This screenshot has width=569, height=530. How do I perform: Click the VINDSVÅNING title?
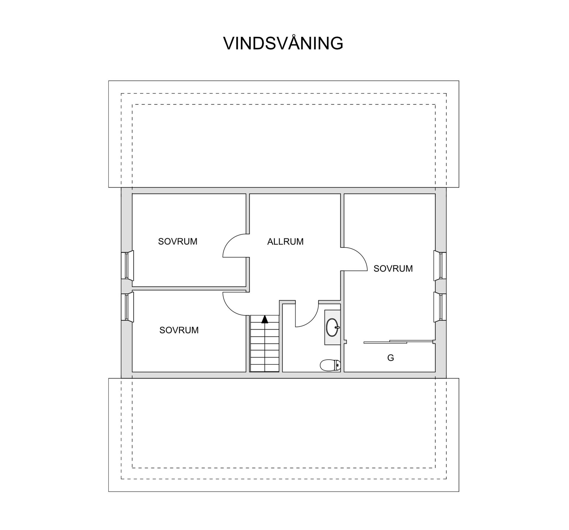pos(283,44)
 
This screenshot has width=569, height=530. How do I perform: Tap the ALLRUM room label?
pos(285,242)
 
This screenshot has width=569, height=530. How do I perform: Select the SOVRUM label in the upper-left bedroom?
pos(178,241)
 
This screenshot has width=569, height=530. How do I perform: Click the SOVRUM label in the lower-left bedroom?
pos(179,330)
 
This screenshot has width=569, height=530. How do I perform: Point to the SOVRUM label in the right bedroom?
pos(393,268)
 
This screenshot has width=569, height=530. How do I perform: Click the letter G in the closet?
pos(391,358)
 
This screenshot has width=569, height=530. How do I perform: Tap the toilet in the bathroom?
pos(330,365)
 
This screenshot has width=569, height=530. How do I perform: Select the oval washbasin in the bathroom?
pos(332,327)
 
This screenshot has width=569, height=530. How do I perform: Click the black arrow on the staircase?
pos(265,319)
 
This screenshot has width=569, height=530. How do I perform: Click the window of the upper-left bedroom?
pos(127,265)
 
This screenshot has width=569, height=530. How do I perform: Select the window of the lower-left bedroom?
pos(127,307)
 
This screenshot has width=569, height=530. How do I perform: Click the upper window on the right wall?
pos(440,265)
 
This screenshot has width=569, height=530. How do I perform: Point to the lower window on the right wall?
pos(440,307)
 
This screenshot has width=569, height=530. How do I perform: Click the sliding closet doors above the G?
pos(399,342)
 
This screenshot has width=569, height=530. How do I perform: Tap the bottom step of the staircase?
pos(265,368)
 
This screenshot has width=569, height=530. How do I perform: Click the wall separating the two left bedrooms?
pos(189,288)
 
